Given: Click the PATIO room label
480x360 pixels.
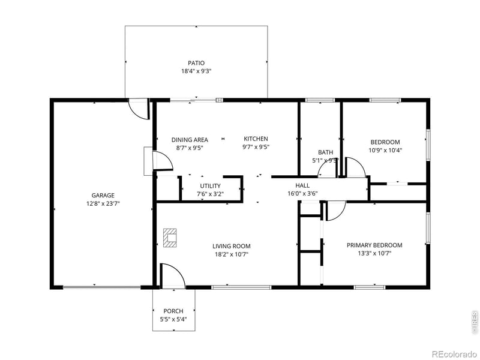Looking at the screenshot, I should [x=196, y=63].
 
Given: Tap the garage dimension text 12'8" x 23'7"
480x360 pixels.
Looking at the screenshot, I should [x=103, y=203].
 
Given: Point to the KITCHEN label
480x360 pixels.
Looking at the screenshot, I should [x=255, y=139].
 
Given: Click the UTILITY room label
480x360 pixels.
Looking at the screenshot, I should [x=210, y=186].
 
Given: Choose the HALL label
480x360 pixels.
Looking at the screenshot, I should [x=302, y=185].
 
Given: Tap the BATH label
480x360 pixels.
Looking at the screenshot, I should [x=325, y=152].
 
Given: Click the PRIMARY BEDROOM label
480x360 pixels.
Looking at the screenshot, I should [x=374, y=245].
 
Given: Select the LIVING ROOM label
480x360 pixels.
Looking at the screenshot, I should [x=231, y=246].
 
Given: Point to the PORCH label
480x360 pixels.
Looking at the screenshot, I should [x=173, y=311].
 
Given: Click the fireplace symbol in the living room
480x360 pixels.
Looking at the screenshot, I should [x=170, y=238].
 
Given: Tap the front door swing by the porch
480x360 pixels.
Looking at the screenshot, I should [x=170, y=275].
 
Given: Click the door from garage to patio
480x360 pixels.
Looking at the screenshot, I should [x=139, y=108].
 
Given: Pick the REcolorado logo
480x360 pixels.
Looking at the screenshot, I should [x=454, y=352].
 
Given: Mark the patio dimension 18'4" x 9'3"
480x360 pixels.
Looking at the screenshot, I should [x=196, y=71].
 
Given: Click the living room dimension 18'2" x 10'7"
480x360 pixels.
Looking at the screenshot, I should [x=231, y=254].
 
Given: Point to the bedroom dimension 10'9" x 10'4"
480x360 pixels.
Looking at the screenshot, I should [x=385, y=151].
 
